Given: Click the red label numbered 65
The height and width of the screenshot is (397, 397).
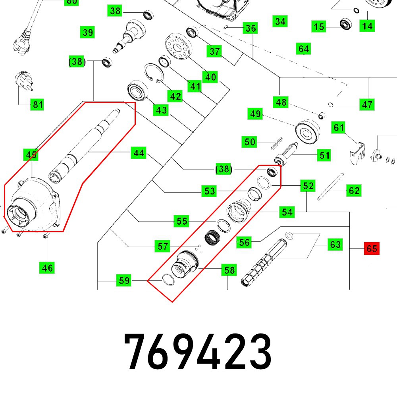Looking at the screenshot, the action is (372, 249).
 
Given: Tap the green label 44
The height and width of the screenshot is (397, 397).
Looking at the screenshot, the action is (139, 153).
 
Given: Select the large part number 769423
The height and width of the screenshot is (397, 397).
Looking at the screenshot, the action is (198, 351).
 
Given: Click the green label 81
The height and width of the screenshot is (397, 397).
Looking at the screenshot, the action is (37, 104).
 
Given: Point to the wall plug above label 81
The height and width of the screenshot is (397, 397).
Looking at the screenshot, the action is (24, 81).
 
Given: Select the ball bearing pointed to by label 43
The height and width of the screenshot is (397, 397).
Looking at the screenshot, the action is (137, 91).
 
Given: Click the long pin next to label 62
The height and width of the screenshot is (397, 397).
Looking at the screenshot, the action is (330, 187).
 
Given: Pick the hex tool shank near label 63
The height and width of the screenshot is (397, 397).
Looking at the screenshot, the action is (264, 262).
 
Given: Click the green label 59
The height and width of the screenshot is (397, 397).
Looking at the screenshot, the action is (124, 280).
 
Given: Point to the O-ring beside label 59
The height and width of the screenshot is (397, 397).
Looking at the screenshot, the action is (168, 279).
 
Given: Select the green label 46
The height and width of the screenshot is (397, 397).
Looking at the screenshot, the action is (47, 268).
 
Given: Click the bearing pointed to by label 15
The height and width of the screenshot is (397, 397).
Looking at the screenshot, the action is (346, 24).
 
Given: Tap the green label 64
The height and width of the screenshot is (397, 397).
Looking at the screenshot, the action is (304, 48).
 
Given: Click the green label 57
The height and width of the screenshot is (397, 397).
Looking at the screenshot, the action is (162, 246).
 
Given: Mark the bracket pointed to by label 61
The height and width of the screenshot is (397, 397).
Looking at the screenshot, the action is (357, 153).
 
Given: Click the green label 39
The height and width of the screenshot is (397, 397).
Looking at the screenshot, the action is (87, 32).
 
